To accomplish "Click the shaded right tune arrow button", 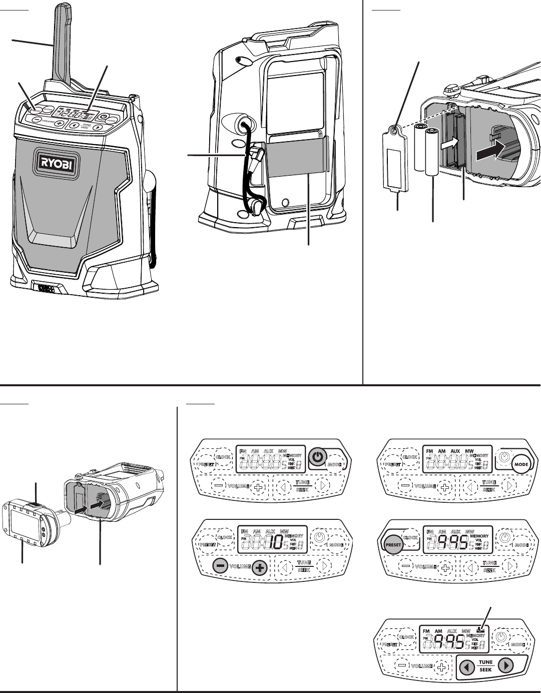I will coord(506,666).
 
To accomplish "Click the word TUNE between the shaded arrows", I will coord(485,662).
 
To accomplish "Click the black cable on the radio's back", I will coord(247,160).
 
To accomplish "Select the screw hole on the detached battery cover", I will coord(395,131).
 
